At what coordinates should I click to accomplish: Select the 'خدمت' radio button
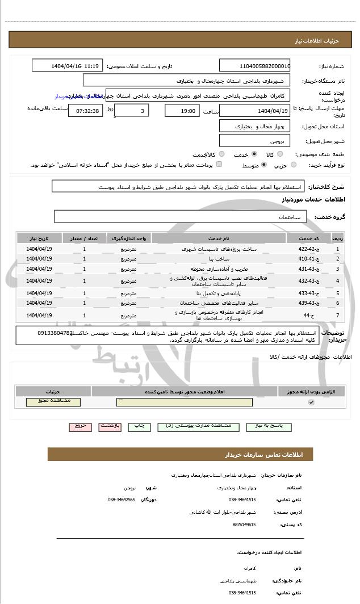[253, 154]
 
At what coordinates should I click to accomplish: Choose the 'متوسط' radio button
[264, 165]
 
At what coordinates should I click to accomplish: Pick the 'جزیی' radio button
[294, 165]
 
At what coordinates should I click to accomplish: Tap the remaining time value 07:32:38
[87, 110]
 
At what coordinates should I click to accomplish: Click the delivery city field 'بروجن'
[254, 140]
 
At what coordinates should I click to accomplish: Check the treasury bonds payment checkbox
[219, 165]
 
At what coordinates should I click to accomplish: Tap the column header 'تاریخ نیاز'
[39, 237]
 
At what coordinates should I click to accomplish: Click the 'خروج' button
[79, 425]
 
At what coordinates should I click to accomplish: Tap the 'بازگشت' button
[110, 425]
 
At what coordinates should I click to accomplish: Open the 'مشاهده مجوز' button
[53, 401]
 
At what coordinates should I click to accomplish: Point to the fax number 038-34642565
[121, 500]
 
